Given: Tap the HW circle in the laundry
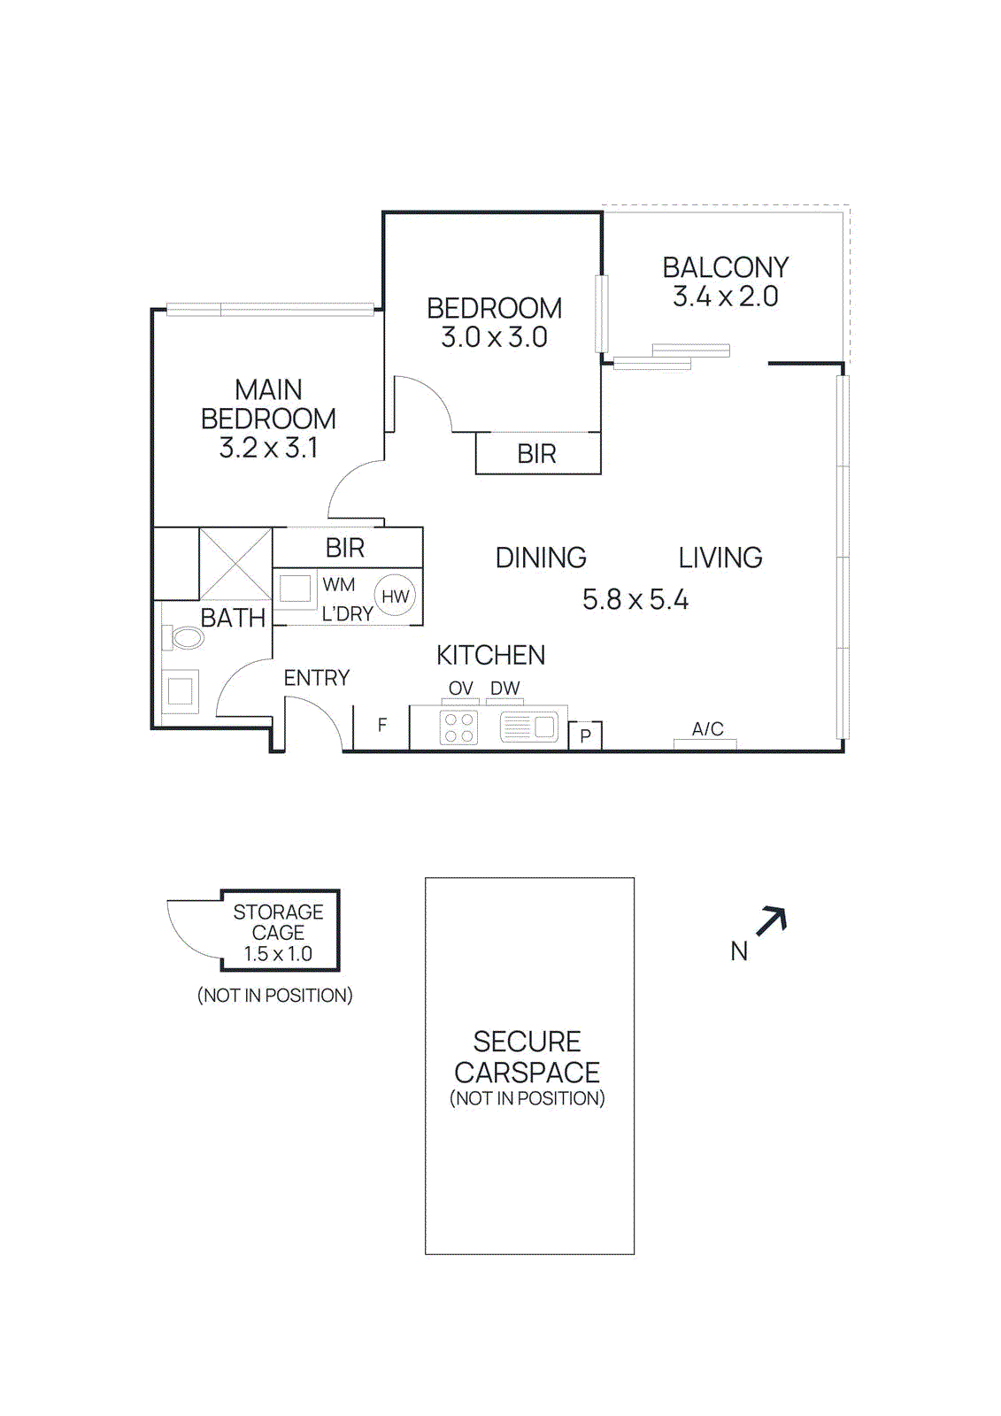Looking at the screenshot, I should point(395,596).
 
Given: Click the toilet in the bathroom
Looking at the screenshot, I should point(184,637).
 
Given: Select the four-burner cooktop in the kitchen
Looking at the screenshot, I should point(458,728).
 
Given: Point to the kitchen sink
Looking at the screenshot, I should point(528,728).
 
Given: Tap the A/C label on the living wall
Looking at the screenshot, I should point(707,729).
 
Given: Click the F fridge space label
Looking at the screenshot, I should point(382,726).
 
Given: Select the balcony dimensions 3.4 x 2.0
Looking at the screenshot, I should point(725,297).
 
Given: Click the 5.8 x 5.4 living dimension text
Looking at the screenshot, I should point(635,600).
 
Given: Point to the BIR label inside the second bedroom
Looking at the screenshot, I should point(536,454).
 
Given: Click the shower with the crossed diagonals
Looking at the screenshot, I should point(235,564).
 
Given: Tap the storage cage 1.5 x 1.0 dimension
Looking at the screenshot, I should point(278,954).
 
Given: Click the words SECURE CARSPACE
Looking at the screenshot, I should point(527,1057).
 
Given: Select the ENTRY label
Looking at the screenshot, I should point(316,678).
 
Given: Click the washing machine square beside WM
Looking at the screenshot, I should point(296,589).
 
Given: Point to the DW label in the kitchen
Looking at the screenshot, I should point(504,689).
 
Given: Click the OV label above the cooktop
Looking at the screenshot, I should point(460,689).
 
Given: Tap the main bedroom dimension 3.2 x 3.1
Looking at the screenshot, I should point(268,449).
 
